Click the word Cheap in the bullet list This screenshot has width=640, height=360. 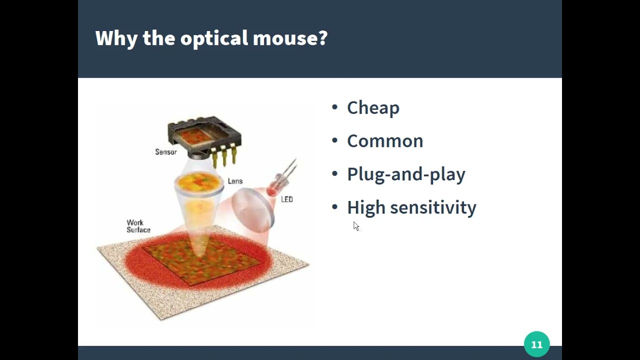point(373,108)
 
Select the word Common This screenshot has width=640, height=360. point(385,141)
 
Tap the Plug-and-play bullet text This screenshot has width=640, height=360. point(406,174)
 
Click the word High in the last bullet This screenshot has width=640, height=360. point(365,207)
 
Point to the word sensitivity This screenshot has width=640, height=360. point(433,207)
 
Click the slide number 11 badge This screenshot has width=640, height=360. point(536,344)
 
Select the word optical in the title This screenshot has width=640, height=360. point(214,38)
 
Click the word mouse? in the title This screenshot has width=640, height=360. point(290,38)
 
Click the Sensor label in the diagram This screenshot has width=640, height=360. point(165,152)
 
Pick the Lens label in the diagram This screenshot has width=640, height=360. point(235,181)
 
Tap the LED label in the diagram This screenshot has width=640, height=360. point(286,199)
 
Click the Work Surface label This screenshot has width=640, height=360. point(138,226)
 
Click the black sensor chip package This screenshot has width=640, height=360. point(204,135)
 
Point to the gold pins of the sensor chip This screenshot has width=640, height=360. point(224,157)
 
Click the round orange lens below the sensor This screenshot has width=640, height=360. point(199,183)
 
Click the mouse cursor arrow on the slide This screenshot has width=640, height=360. point(355,226)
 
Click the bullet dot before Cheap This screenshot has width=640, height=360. point(334,107)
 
